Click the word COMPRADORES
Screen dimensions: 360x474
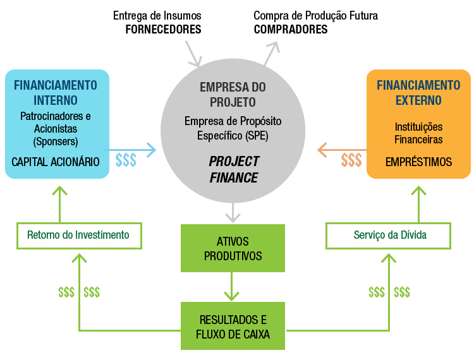pos(291,29)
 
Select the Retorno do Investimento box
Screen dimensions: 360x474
pos(78,235)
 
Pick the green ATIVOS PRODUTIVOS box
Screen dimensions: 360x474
pos(233,248)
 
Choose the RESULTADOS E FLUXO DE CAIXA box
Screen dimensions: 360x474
pos(233,326)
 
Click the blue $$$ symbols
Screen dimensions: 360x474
pos(126,160)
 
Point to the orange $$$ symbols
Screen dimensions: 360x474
pos(351,160)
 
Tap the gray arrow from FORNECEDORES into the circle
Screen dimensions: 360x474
pos(193,54)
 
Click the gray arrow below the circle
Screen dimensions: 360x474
pos(233,212)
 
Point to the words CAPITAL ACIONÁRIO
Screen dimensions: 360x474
pos(56,162)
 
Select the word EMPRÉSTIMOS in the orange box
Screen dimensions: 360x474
pos(419,162)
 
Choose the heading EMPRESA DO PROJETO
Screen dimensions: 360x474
pos(233,94)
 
